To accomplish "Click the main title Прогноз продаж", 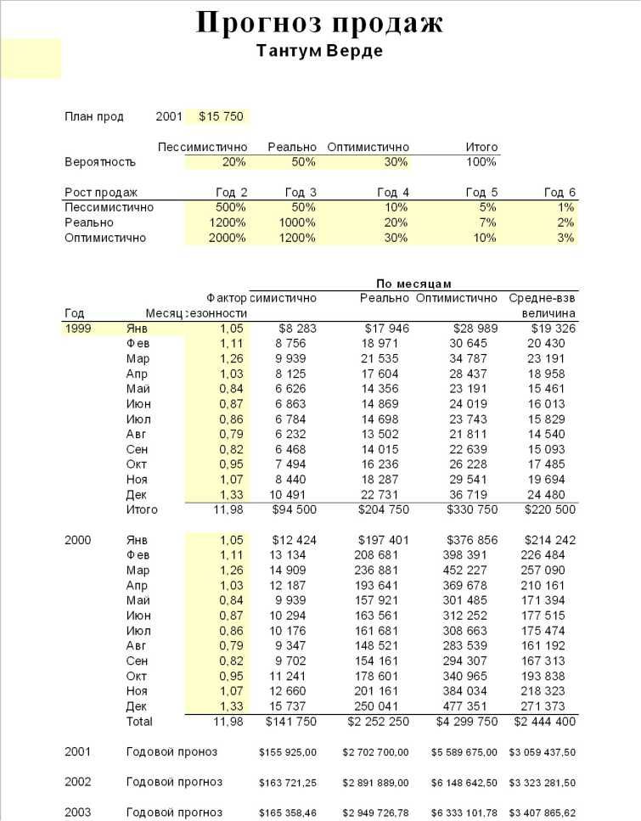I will click(319, 23).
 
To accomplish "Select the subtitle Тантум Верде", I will click(319, 51).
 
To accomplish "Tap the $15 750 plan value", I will click(222, 116).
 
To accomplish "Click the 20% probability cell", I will click(234, 161).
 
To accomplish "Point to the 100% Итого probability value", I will click(481, 161).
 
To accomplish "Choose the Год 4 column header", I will click(394, 193).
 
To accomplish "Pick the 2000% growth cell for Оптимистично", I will click(227, 238).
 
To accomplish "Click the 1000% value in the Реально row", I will click(298, 222).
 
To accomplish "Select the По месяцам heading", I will click(414, 283).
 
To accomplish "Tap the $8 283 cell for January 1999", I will click(297, 328).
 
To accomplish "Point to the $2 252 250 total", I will click(376, 722).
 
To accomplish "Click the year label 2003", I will click(78, 813).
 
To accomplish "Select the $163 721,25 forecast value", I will click(288, 782).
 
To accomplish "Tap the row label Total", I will click(139, 722).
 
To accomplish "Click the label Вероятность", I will click(99, 161).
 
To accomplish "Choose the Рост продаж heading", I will click(101, 193).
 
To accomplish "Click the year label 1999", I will click(78, 328).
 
